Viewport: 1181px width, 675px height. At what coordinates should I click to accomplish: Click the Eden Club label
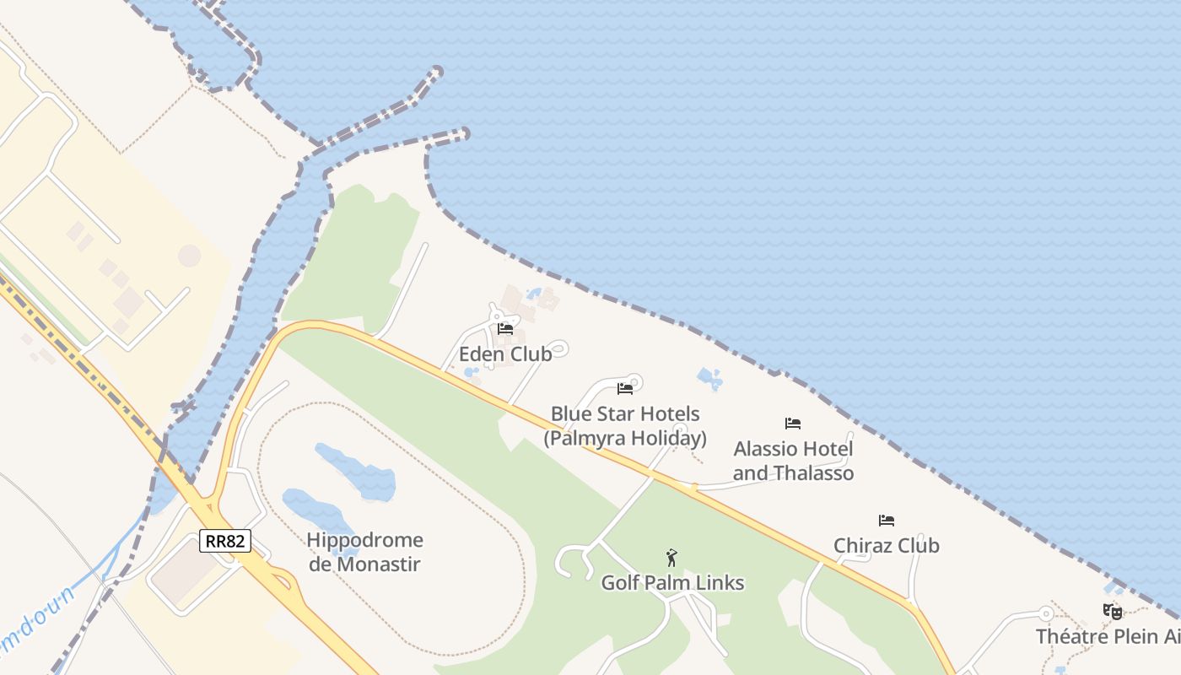click(505, 354)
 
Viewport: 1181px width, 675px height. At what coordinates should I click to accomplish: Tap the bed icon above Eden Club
click(505, 328)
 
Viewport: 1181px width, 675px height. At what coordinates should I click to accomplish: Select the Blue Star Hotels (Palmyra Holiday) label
click(625, 426)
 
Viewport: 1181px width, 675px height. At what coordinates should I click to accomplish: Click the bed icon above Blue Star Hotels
click(625, 388)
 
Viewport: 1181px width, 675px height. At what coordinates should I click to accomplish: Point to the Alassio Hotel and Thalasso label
click(793, 461)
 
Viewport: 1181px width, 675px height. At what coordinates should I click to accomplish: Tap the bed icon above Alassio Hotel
click(793, 423)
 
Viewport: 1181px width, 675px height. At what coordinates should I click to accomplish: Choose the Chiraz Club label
click(887, 546)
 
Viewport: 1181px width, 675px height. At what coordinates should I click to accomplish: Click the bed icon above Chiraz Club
click(887, 520)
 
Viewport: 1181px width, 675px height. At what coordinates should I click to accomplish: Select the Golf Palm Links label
click(672, 582)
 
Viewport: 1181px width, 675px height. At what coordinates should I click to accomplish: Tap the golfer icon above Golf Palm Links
click(671, 557)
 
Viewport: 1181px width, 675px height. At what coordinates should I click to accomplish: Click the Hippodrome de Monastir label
click(364, 552)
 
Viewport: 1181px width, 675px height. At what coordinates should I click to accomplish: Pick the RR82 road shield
click(225, 540)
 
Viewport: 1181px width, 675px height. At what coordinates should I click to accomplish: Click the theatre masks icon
click(1113, 611)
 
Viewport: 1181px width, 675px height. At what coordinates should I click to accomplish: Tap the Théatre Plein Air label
click(1108, 635)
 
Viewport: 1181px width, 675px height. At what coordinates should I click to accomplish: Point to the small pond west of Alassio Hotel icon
click(709, 380)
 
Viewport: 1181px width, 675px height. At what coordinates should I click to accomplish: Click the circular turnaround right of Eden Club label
click(558, 348)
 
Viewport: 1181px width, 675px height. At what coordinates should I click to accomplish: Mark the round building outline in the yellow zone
click(190, 256)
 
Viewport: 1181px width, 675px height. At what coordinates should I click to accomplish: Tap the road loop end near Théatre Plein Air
click(1046, 613)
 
